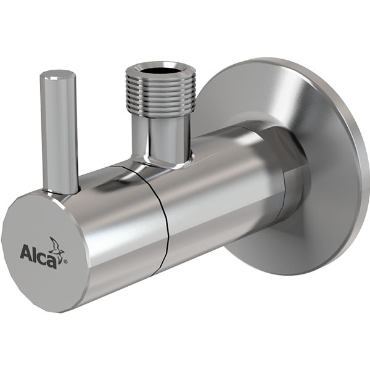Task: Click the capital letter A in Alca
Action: click(25, 253)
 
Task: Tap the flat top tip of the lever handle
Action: click(58, 76)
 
